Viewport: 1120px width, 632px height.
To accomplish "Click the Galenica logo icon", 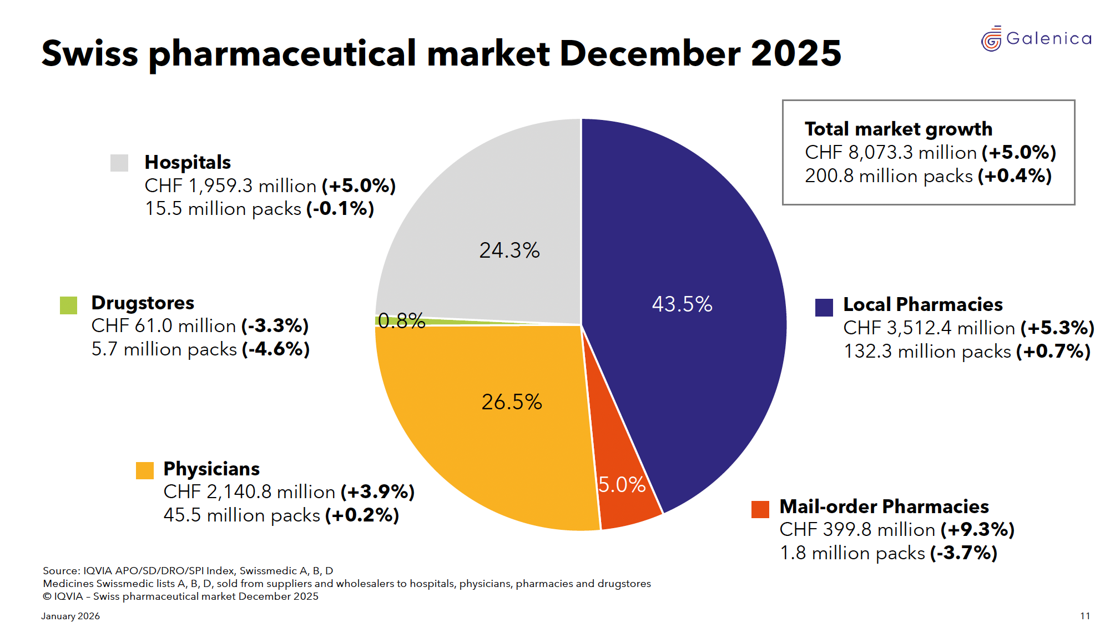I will click(991, 39).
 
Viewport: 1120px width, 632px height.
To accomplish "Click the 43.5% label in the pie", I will click(682, 304).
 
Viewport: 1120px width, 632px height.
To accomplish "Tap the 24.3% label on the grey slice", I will click(509, 250).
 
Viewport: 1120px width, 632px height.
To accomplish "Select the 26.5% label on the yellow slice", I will click(511, 402).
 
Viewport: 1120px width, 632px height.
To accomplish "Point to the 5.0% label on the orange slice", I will click(622, 485).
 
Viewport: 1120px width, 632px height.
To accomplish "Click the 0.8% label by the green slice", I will click(401, 321).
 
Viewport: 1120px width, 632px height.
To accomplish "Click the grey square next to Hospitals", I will click(119, 163).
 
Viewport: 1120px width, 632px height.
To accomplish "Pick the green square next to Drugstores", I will click(69, 305).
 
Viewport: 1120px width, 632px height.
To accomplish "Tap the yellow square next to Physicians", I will click(145, 470).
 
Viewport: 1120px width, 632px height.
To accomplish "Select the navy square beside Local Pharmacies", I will click(824, 307).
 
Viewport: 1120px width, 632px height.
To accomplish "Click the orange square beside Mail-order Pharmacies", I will click(760, 509).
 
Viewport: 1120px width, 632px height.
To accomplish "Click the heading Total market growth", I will click(898, 129).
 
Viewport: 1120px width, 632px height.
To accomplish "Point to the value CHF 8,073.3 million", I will click(890, 153).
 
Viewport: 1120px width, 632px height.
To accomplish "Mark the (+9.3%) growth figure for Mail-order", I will click(977, 530).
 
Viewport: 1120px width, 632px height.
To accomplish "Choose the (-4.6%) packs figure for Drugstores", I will click(275, 349).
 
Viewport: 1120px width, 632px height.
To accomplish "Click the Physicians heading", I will click(211, 469).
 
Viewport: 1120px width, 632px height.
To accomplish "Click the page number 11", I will click(1084, 616).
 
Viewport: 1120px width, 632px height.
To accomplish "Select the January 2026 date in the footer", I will click(70, 616).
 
